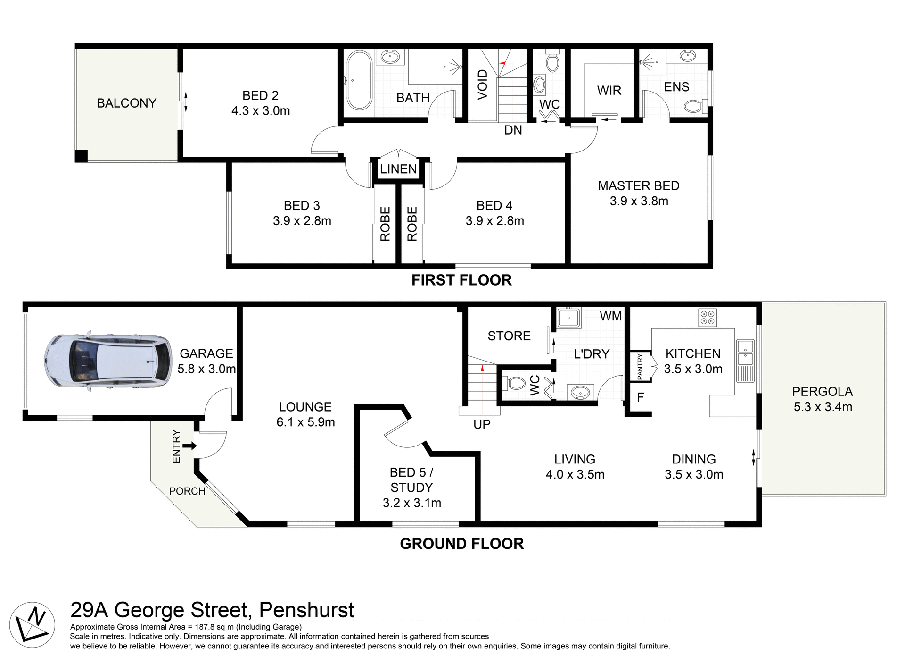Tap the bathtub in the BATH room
tap(359, 80)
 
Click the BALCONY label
tap(126, 103)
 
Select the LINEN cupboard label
tap(398, 169)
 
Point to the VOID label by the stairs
tap(482, 84)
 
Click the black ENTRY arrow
tap(189, 446)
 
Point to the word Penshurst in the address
tap(306, 610)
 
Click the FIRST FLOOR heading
tap(461, 280)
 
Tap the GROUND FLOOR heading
tap(461, 544)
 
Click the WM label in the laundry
tap(610, 316)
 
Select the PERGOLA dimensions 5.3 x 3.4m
tap(823, 407)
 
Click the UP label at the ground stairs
tap(482, 424)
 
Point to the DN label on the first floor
tap(513, 130)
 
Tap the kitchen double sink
tap(745, 353)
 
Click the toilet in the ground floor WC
tap(514, 383)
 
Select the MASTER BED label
tap(638, 185)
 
